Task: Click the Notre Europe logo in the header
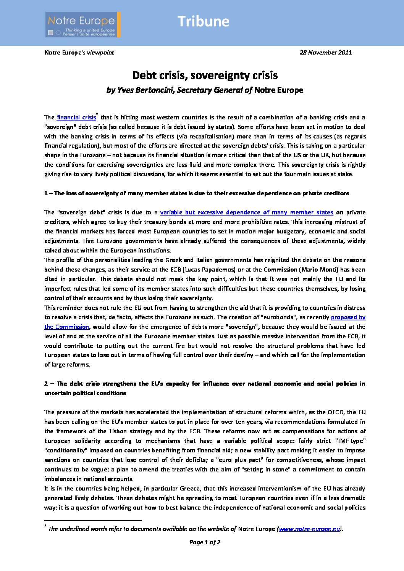83,24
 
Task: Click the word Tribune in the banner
203,21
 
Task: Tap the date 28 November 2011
325,53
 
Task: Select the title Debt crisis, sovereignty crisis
205,75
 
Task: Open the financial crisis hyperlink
76,117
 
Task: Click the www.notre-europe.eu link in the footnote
309,529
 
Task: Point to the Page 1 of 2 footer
205,542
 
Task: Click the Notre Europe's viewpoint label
79,53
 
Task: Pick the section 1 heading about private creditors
196,193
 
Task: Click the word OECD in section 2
336,412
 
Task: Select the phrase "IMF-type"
350,441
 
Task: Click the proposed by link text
348,317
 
